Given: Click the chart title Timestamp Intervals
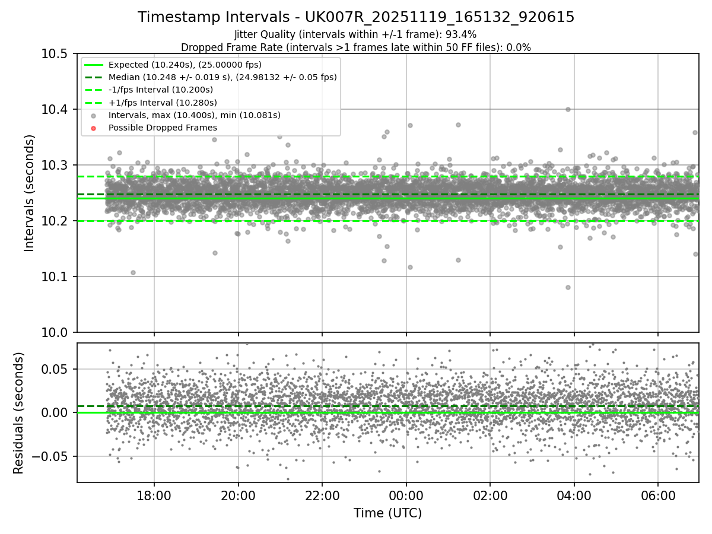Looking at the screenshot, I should (356, 17).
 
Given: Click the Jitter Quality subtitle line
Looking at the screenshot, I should (356, 35).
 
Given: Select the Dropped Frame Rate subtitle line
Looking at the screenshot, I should (356, 47).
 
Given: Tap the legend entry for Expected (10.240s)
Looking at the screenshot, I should (185, 65).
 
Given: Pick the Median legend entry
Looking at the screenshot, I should (223, 77).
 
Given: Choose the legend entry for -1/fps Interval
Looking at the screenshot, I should (160, 90).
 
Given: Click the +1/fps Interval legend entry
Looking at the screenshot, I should (161, 103).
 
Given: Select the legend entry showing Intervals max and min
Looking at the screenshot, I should (194, 115).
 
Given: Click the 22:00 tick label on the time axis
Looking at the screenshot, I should (322, 494).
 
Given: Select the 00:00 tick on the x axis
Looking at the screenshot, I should (406, 494).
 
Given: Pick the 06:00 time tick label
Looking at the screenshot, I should (658, 494).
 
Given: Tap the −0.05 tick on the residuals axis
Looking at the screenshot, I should (52, 457).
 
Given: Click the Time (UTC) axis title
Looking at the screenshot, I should (387, 513).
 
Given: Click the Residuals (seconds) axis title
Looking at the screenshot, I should (19, 413).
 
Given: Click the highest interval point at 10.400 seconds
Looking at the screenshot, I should (568, 109).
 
